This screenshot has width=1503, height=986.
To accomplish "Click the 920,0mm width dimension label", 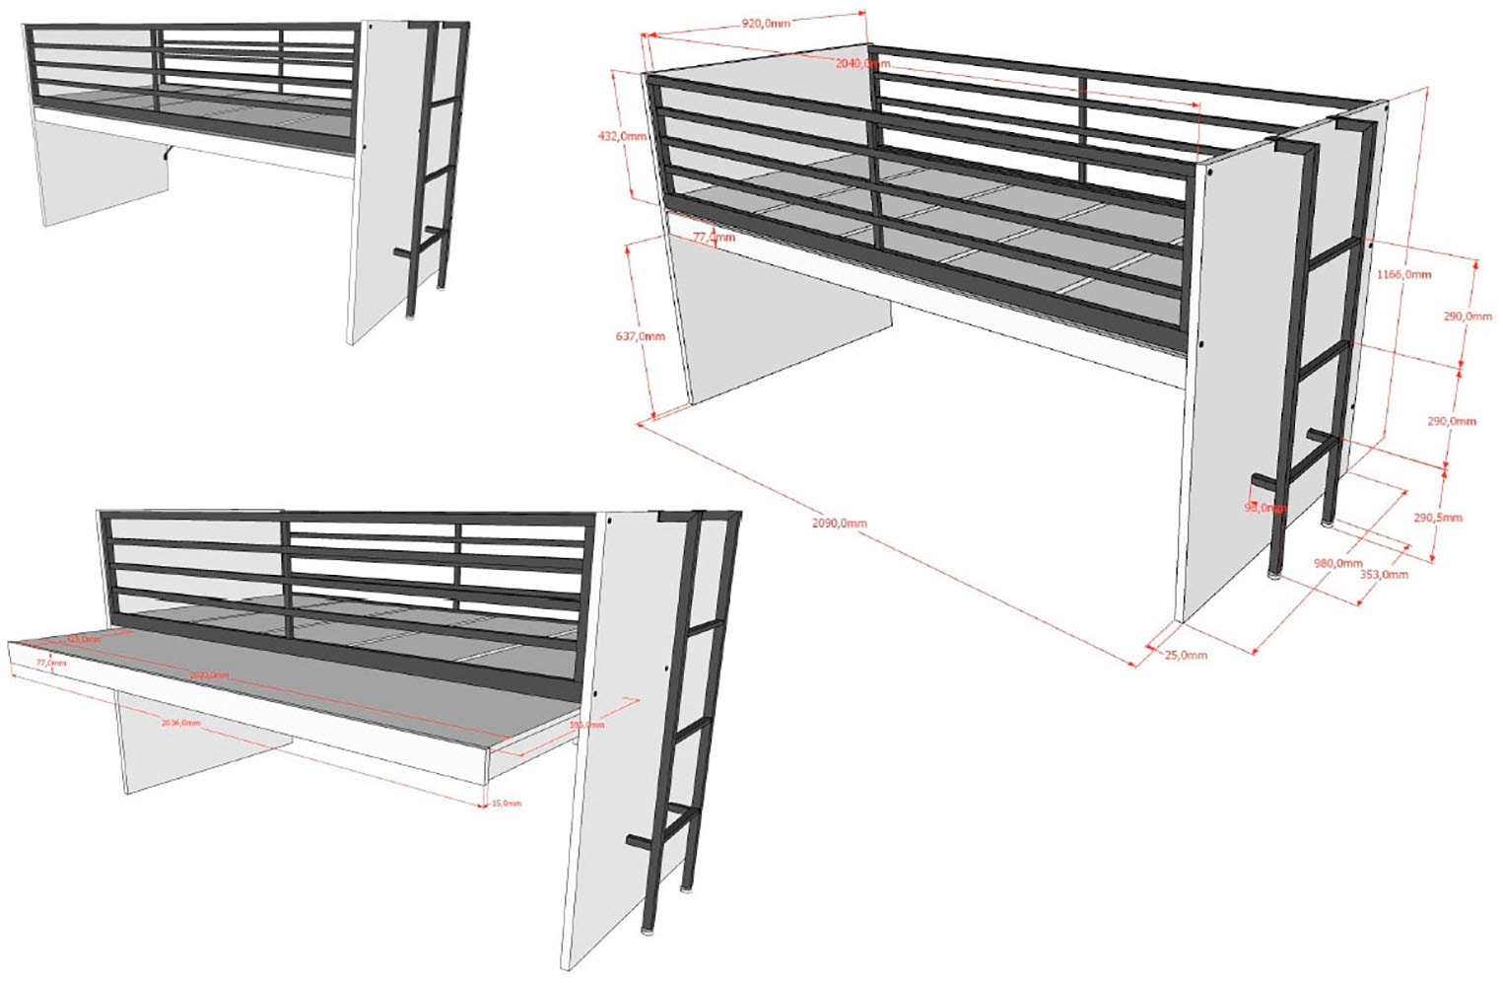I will coord(765,23).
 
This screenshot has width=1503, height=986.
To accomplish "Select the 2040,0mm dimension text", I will coord(862,63).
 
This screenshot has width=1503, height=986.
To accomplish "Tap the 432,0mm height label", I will coord(622,136).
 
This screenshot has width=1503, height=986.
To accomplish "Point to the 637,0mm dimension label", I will coord(640,336).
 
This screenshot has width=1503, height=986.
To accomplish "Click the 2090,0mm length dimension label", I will coord(839,523).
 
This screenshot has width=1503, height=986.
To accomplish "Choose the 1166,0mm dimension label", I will coord(1403,274).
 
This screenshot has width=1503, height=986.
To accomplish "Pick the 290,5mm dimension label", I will coord(1437,517).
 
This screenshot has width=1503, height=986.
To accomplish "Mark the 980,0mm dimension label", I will coord(1337,563).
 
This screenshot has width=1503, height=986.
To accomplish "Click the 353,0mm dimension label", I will coord(1383,574).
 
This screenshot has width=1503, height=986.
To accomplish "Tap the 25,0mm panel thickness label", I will coord(1185,655).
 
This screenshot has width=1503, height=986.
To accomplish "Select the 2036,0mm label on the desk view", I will coord(180,723).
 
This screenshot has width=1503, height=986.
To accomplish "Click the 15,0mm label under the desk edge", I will coord(507,804).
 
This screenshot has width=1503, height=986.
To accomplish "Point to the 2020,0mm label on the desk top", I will coord(209,674).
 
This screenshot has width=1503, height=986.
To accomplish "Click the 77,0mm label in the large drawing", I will coord(714,238).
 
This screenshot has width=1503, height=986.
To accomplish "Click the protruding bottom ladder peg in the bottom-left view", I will coord(638,842).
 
